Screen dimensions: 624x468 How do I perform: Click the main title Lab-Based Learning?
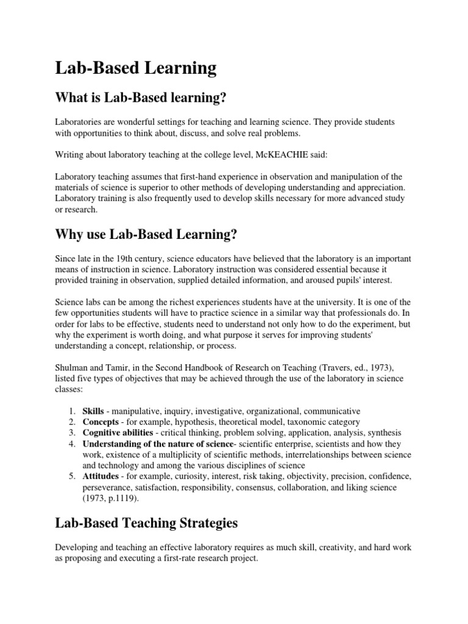pos(136,68)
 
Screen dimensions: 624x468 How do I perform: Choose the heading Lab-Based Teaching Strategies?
pos(146,522)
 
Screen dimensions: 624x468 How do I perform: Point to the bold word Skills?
pos(94,411)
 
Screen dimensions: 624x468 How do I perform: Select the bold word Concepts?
pos(101,422)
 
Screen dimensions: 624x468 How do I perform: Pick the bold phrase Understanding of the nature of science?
pos(157,444)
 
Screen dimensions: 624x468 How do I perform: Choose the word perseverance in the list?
pos(107,487)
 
